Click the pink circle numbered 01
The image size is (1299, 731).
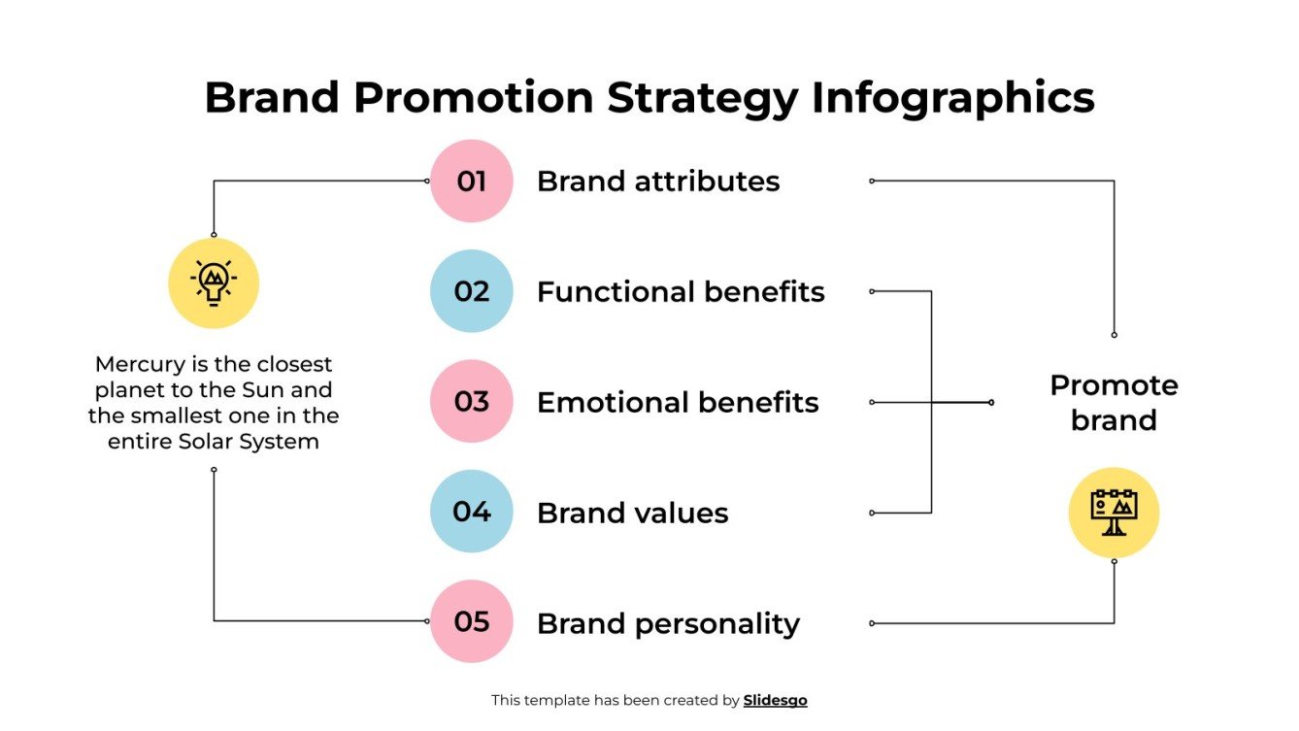point(471,182)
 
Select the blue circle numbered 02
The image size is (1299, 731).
point(471,291)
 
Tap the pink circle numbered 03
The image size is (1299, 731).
point(471,402)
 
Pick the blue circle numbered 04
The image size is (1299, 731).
point(471,512)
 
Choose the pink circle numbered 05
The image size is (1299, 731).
point(471,621)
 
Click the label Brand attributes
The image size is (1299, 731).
point(657,182)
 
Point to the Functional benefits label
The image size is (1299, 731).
point(680,292)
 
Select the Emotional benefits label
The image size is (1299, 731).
point(677,403)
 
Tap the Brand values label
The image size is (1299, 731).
point(632,513)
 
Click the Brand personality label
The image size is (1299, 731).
point(667,623)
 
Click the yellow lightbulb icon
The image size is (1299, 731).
point(214,282)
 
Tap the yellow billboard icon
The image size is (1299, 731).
point(1114,513)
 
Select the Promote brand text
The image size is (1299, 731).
point(1114,403)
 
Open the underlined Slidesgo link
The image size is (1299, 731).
point(775,700)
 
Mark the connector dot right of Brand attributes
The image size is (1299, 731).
point(872,181)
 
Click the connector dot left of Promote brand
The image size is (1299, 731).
point(991,402)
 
